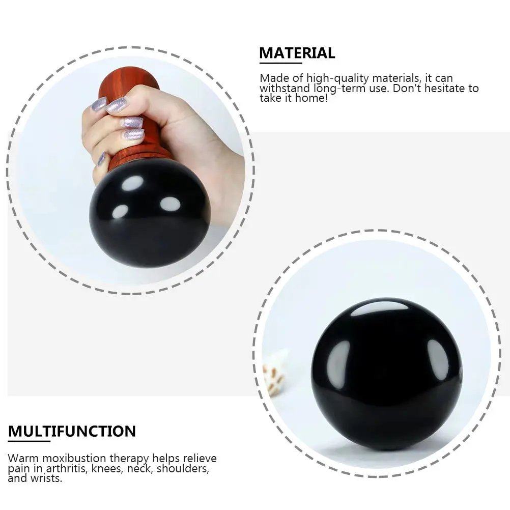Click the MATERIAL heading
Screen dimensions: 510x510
297,53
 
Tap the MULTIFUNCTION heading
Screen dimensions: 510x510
72,432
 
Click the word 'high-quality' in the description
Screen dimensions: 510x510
343,78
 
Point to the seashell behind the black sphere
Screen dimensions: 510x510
274,374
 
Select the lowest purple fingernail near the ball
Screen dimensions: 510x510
102,159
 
